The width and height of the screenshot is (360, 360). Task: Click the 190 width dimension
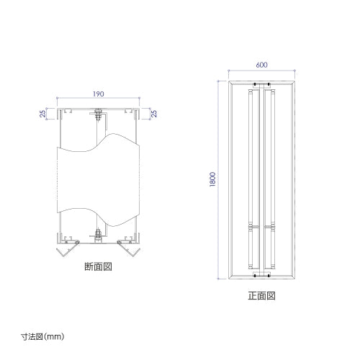coord(99,94)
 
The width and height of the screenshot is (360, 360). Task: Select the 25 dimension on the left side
coord(42,114)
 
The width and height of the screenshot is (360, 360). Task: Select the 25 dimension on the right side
coord(154,114)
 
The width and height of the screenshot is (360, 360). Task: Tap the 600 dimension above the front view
coord(261,65)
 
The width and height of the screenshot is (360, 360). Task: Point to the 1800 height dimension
coord(212,179)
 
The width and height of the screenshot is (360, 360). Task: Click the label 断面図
coord(99,266)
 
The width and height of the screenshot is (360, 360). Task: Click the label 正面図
coord(261,296)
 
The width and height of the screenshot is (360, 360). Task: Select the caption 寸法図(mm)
coord(42,336)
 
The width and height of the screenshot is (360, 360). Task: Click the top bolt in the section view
coord(98,115)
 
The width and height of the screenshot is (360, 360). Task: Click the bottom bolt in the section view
coord(98,235)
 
